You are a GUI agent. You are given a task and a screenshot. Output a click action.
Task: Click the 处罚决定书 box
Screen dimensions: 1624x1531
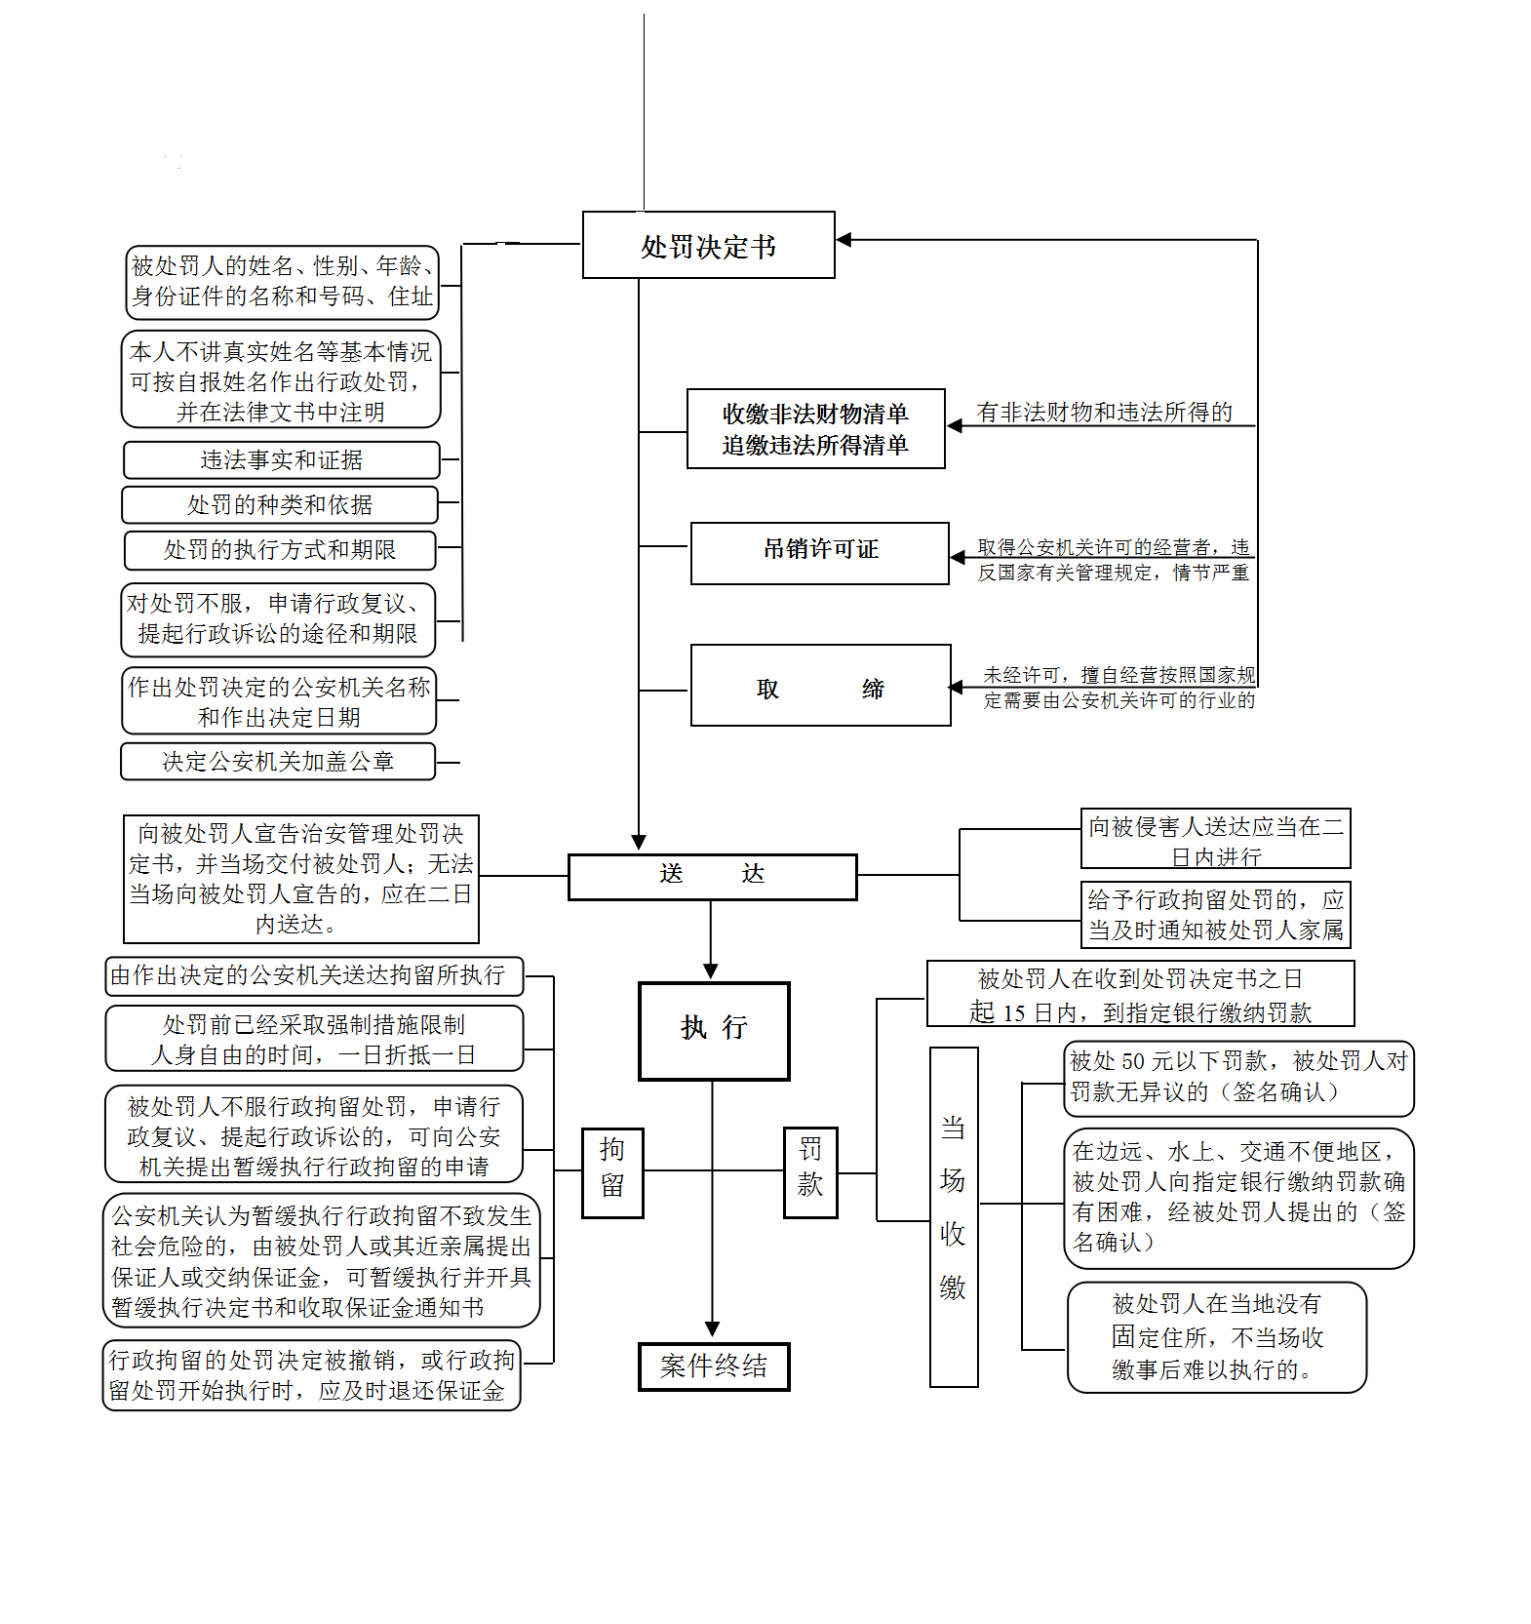click(x=708, y=246)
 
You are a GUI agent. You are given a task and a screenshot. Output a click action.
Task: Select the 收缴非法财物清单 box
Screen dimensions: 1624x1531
click(x=815, y=429)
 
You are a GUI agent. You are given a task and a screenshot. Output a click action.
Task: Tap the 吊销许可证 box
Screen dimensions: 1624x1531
click(x=819, y=553)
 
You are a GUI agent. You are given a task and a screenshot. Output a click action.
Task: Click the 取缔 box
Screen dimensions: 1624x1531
click(x=820, y=686)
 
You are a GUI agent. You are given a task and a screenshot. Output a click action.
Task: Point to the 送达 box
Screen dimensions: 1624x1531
click(x=712, y=877)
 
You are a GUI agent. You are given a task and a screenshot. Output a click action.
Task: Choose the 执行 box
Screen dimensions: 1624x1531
click(x=714, y=1031)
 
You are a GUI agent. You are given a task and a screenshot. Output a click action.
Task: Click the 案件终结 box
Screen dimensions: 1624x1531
click(x=714, y=1367)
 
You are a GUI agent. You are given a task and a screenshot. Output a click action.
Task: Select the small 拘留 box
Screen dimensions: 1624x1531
click(x=612, y=1172)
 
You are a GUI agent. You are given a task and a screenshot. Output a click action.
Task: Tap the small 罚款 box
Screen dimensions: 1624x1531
click(x=810, y=1171)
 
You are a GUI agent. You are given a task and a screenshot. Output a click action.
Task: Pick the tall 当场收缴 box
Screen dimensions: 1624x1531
click(x=954, y=1216)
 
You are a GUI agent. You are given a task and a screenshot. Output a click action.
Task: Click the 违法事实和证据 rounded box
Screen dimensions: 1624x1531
click(x=281, y=459)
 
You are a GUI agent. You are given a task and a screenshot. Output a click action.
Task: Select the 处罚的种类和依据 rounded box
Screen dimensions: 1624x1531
click(x=280, y=505)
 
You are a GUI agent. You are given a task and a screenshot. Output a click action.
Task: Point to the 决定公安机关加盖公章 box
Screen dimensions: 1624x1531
click(x=278, y=762)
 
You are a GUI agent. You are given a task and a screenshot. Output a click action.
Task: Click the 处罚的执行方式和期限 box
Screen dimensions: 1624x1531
click(x=280, y=550)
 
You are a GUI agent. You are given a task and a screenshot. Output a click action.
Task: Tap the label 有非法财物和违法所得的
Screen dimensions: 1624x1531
click(x=1104, y=413)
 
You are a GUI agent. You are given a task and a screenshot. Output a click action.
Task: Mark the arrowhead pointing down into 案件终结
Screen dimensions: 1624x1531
click(x=713, y=1329)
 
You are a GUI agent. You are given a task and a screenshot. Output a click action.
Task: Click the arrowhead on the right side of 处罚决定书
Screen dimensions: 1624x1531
click(x=844, y=240)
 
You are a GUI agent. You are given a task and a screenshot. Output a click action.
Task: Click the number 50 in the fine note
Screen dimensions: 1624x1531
click(x=1133, y=1061)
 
